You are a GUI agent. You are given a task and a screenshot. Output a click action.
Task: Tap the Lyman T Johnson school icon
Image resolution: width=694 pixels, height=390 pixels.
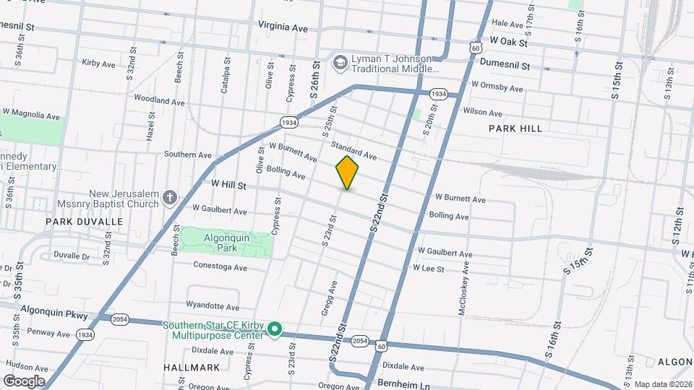pos(339,64)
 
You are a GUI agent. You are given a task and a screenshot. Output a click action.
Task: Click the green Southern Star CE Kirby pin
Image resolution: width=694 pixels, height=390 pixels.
pos(274,330)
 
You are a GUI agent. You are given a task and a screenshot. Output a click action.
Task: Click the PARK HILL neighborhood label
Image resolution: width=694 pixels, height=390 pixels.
pos(515,129)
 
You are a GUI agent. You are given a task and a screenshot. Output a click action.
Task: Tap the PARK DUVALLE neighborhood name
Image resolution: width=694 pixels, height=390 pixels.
pos(85,222)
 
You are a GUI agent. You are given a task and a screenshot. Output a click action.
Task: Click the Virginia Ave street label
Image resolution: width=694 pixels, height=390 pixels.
pos(283,27)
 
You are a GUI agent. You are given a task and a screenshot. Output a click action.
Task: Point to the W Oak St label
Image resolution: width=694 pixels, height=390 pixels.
pos(509,42)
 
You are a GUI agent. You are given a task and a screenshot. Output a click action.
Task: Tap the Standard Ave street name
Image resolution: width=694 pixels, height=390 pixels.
pos(354,151)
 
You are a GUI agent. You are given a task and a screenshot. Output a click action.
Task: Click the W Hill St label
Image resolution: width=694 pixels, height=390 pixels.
pos(228,186)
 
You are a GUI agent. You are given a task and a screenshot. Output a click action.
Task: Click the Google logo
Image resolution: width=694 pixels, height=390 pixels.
pos(24,381)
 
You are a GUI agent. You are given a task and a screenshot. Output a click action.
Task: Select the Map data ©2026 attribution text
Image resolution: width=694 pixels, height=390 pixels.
pos(661,384)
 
